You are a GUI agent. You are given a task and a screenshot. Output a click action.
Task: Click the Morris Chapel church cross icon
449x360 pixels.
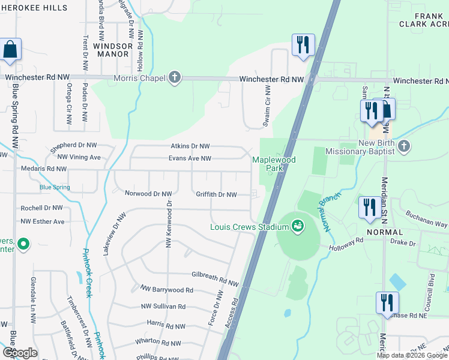point(174,78)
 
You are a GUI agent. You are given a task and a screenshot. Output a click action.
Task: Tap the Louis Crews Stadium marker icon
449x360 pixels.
point(297,226)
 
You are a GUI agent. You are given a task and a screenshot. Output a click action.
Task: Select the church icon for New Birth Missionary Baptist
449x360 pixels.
point(404,146)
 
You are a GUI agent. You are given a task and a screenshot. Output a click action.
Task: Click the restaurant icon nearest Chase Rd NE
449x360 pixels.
point(386,302)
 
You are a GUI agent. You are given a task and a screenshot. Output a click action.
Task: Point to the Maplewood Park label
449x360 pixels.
point(274,164)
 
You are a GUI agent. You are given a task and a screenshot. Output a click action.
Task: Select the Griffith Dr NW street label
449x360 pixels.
point(216,194)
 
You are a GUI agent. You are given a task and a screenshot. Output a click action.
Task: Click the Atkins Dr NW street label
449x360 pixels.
point(190,146)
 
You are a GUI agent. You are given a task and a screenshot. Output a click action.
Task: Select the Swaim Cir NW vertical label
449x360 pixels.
point(267,106)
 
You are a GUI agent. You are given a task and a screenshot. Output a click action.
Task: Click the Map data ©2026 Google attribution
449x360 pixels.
point(412,355)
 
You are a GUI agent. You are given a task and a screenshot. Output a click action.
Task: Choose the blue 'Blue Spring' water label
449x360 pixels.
point(55,187)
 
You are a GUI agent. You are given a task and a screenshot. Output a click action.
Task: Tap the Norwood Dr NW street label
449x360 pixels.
point(148,194)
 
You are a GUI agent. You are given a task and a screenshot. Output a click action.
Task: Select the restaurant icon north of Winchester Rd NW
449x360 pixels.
point(303,44)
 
